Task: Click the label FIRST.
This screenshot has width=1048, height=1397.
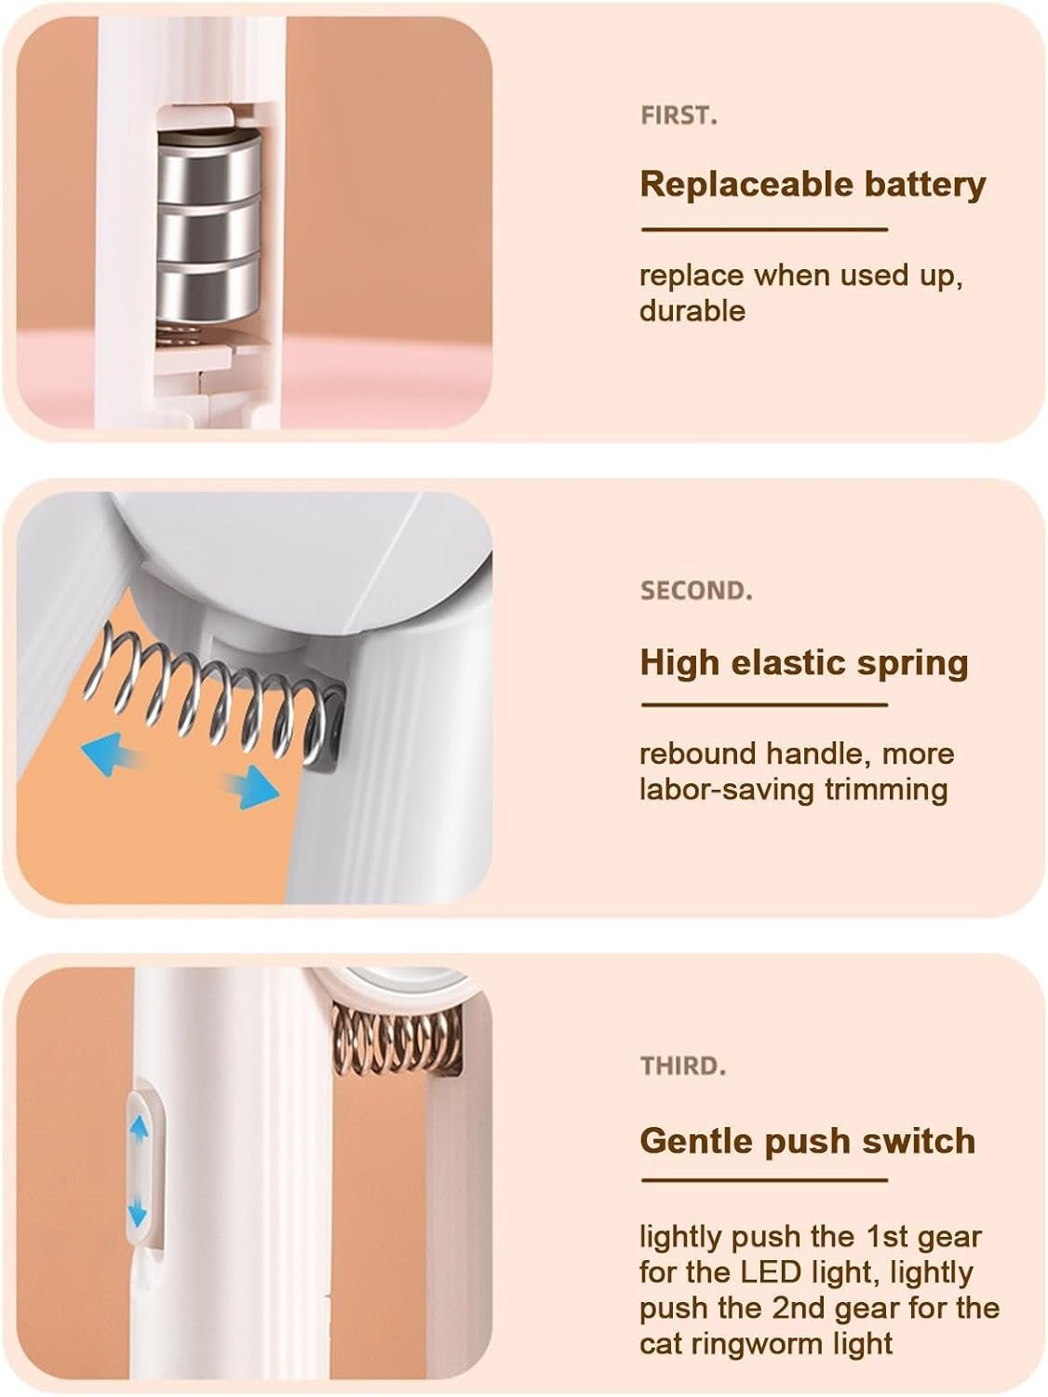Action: click(x=679, y=115)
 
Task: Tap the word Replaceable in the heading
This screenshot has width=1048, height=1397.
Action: click(x=746, y=183)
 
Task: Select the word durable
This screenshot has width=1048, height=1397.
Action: click(x=692, y=311)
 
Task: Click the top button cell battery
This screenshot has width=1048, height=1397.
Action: click(x=209, y=167)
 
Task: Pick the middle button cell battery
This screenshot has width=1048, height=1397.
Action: click(x=209, y=229)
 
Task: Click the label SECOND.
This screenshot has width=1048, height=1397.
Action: click(x=696, y=590)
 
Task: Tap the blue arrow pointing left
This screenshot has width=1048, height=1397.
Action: click(x=110, y=753)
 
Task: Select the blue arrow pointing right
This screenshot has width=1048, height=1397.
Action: click(x=253, y=787)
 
